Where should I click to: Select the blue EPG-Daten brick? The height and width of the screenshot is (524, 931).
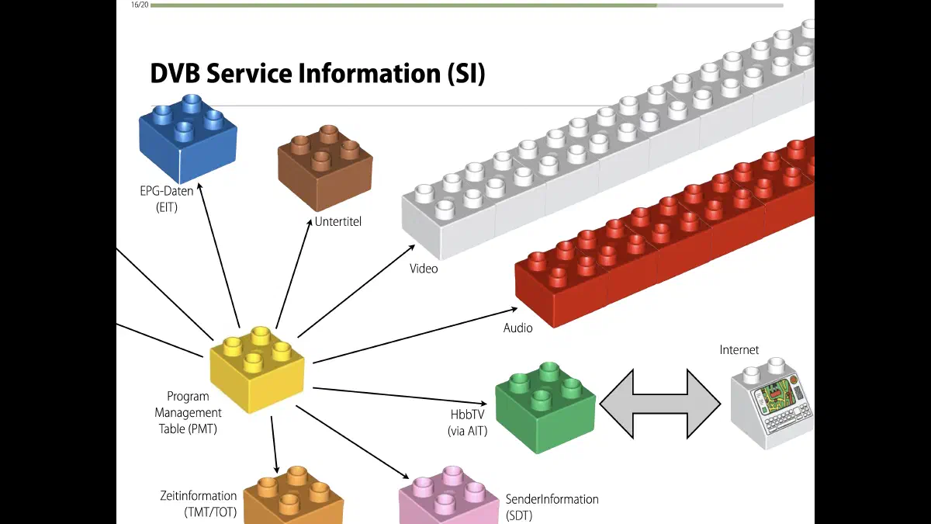pos(188,136)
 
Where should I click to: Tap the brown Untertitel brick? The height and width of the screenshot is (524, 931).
pos(325,167)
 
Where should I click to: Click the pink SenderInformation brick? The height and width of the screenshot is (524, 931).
pos(448,497)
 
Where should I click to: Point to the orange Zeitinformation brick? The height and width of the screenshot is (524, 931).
pos(293,497)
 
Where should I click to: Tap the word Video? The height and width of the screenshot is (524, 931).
pos(424,269)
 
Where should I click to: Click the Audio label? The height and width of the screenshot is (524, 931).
pos(517,328)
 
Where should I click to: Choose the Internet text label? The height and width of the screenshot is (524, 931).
pos(739,350)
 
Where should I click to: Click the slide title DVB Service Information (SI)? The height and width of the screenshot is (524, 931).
pos(317,74)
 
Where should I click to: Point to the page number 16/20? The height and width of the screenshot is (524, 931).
pos(140,5)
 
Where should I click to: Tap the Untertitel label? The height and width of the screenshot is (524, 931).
pos(337,222)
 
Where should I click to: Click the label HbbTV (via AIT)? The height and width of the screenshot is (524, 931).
pos(467,422)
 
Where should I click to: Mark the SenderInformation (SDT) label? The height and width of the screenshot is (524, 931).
pos(552,507)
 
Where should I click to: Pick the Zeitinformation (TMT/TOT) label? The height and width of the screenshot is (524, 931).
pos(198,503)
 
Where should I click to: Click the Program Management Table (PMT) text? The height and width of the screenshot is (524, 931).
pos(188,412)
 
